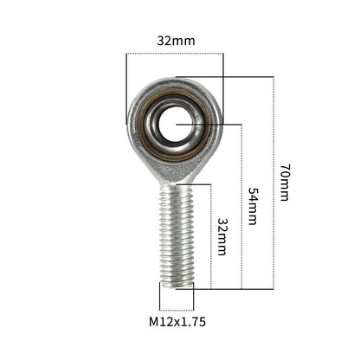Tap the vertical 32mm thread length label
(x=222, y=236)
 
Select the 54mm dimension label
(x=253, y=206)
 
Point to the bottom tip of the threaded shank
(x=177, y=283)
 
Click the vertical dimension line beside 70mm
(x=273, y=182)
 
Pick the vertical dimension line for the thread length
(x=210, y=235)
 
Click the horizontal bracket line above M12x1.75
(x=177, y=309)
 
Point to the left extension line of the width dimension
(x=126, y=87)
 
